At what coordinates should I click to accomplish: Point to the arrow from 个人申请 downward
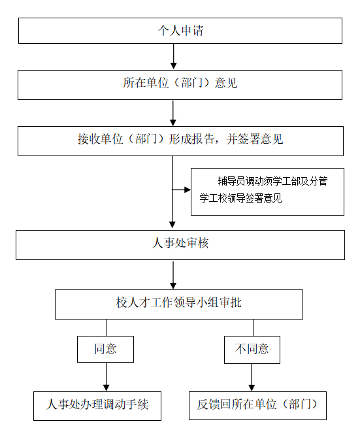(x=174, y=56)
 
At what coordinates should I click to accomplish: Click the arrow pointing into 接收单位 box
(x=173, y=113)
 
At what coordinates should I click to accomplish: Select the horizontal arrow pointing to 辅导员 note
(x=182, y=190)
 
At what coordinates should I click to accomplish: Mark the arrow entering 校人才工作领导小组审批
(x=173, y=275)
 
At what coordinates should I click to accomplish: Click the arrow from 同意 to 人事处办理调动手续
(x=106, y=377)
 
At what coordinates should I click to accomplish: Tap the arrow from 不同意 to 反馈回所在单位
(x=252, y=378)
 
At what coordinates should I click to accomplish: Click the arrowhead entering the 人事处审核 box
(x=172, y=225)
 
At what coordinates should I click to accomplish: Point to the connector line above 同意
(x=106, y=328)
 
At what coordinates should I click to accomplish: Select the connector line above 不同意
(x=254, y=328)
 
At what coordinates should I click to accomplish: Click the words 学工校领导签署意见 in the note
(x=240, y=198)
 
